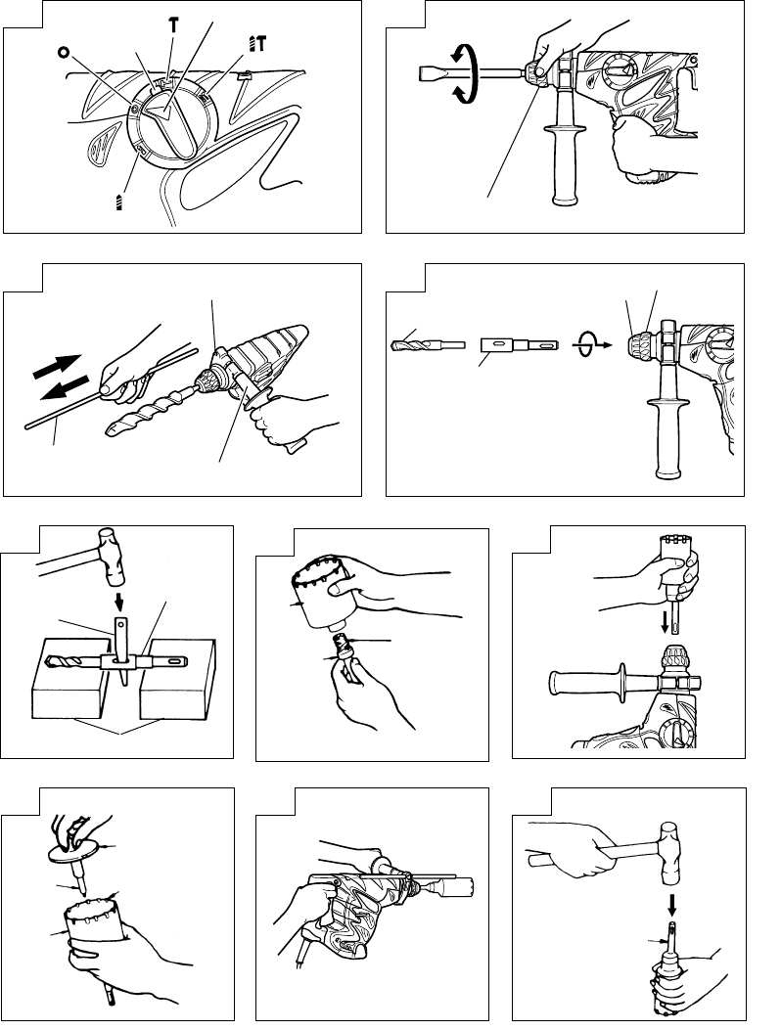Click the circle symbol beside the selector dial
[63, 52]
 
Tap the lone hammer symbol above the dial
[173, 25]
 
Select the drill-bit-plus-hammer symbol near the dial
[257, 44]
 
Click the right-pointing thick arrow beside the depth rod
[57, 365]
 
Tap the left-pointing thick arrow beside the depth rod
[64, 387]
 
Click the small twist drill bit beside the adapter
[428, 344]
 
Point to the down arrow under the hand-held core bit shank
[666, 622]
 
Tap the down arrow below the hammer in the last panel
[671, 905]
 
